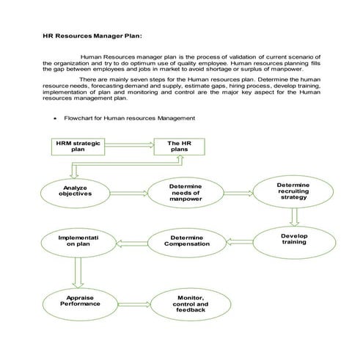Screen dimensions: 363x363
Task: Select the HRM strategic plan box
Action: [x=77, y=145]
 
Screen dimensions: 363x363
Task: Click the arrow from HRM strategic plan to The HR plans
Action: [x=128, y=145]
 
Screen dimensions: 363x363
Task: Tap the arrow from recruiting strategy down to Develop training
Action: [x=293, y=216]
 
